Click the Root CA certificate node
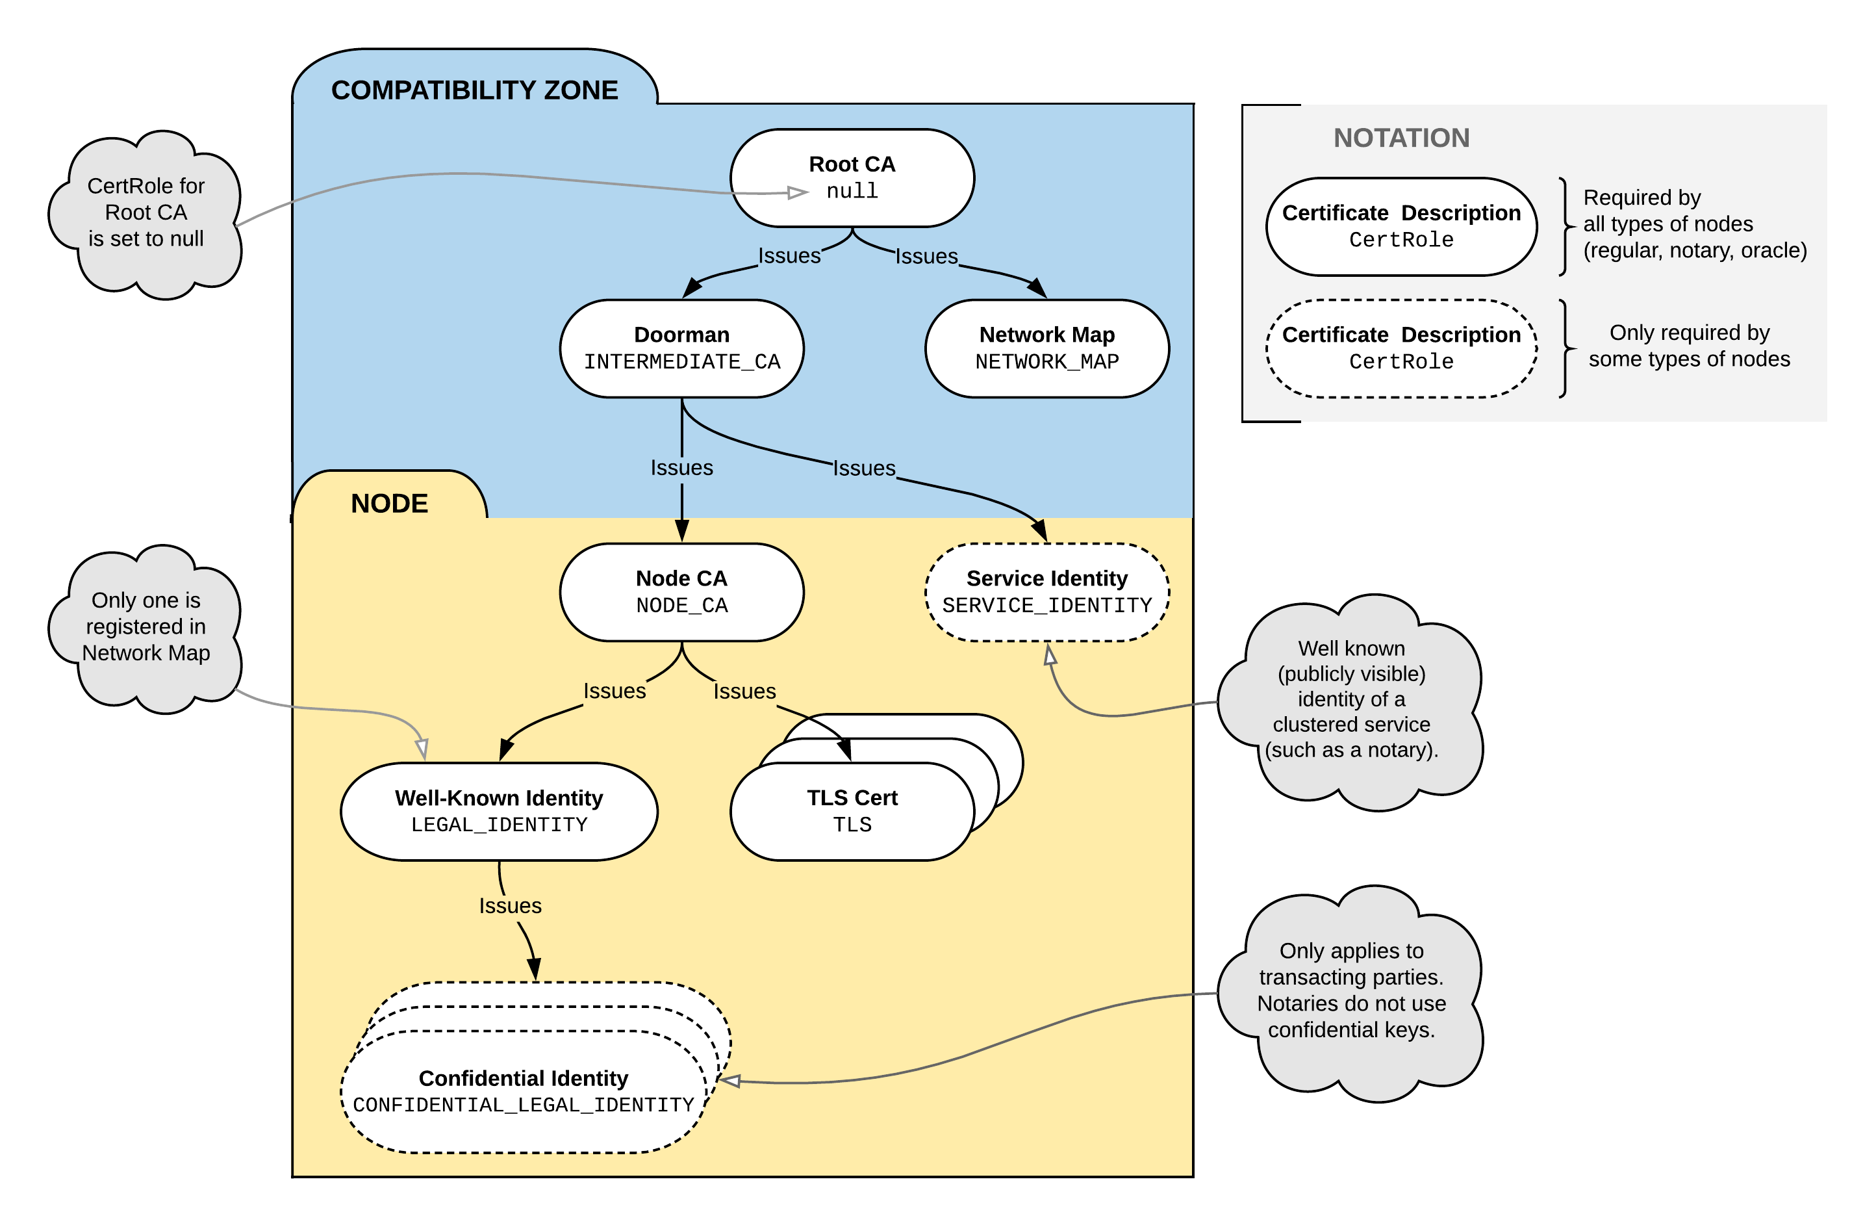click(852, 178)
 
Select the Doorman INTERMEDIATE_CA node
click(682, 348)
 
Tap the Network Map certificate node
click(1046, 348)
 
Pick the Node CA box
click(682, 592)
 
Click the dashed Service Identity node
click(1046, 592)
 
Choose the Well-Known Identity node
click(499, 812)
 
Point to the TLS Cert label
click(852, 798)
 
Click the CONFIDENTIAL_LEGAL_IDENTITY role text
click(524, 1105)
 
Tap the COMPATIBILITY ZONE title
click(474, 90)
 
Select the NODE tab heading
click(389, 503)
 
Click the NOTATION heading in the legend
click(1402, 138)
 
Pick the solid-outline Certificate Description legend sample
click(1402, 227)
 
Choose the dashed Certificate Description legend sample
click(1402, 348)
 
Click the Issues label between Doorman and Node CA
click(682, 468)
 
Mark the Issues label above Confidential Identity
click(510, 905)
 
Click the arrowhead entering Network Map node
click(1038, 288)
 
